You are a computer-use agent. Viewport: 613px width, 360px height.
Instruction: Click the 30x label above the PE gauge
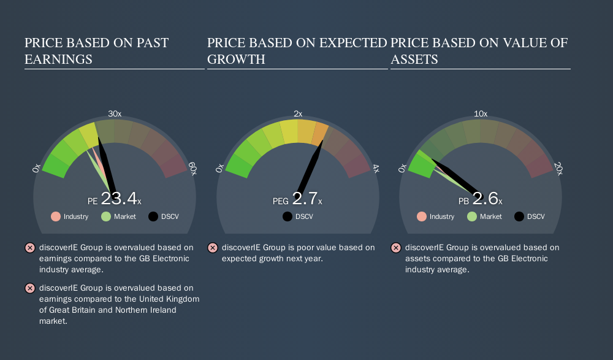pyautogui.click(x=115, y=114)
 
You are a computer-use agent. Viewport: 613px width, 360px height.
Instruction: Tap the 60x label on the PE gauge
pyautogui.click(x=192, y=169)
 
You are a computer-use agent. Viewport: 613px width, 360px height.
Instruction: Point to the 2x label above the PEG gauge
pyautogui.click(x=298, y=114)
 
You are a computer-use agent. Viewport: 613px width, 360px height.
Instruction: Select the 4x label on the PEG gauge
pyautogui.click(x=376, y=169)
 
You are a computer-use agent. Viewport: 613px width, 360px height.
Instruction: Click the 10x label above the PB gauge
pyautogui.click(x=481, y=114)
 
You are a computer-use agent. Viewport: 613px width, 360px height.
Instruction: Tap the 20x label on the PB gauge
pyautogui.click(x=558, y=169)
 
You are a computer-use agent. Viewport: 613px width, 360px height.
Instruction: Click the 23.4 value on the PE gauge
pyautogui.click(x=119, y=198)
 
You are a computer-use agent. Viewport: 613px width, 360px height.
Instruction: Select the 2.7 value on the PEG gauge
pyautogui.click(x=305, y=198)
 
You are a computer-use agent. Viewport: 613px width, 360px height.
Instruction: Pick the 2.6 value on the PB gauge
pyautogui.click(x=485, y=198)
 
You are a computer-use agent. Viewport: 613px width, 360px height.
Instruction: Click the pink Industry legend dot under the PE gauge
pyautogui.click(x=56, y=216)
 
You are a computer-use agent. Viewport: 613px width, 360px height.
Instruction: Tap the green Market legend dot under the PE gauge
pyautogui.click(x=106, y=216)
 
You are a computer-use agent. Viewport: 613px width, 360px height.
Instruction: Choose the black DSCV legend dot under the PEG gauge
pyautogui.click(x=287, y=216)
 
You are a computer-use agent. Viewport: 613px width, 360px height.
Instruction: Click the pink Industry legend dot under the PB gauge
pyautogui.click(x=422, y=216)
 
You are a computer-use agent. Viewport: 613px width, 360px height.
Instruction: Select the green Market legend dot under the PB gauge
pyautogui.click(x=472, y=216)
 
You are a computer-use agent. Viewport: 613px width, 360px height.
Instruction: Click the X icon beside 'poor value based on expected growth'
pyautogui.click(x=213, y=248)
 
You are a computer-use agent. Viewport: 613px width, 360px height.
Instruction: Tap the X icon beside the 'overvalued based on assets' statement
pyautogui.click(x=395, y=248)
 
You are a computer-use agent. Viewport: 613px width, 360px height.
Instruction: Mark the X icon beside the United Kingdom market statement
pyautogui.click(x=29, y=288)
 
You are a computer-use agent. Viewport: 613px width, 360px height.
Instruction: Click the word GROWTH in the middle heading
pyautogui.click(x=236, y=59)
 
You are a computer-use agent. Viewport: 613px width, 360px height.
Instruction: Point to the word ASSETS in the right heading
pyautogui.click(x=414, y=59)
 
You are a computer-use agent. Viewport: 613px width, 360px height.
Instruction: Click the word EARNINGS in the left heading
pyautogui.click(x=59, y=59)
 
